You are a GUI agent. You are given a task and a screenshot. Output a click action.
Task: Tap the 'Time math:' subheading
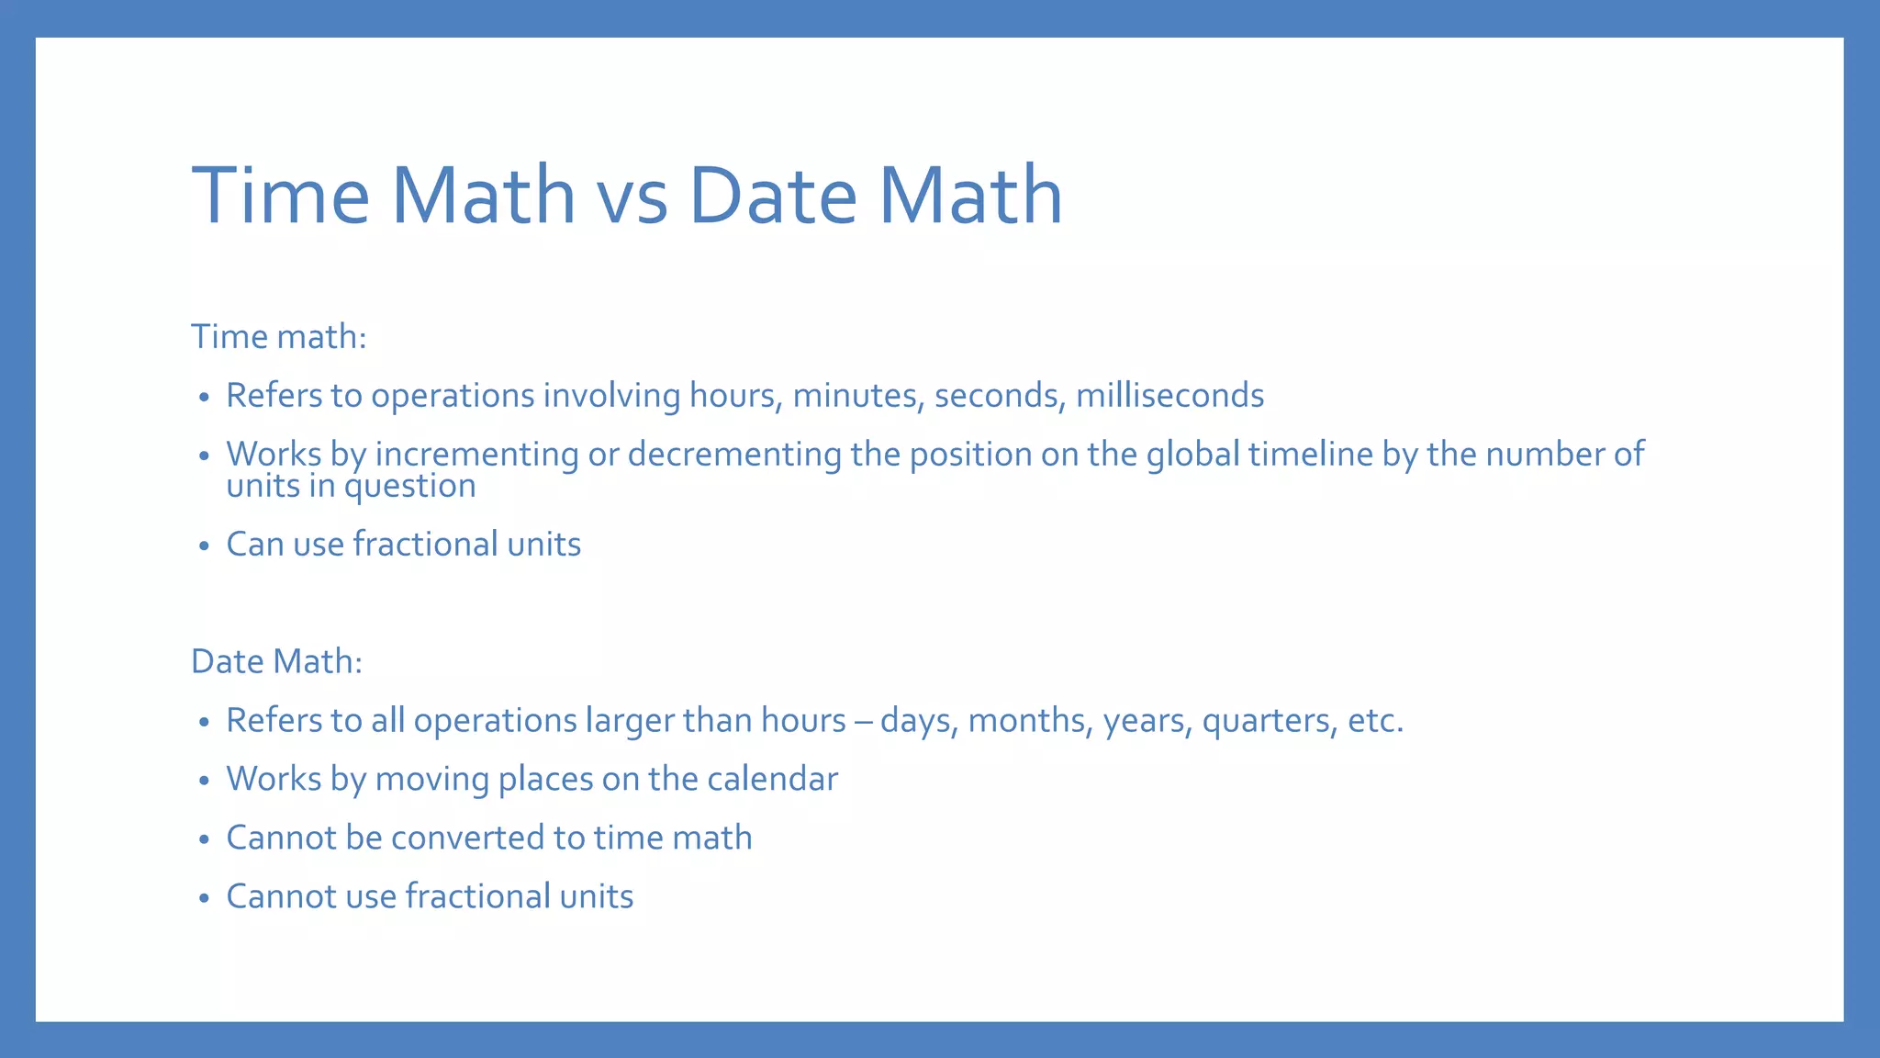pyautogui.click(x=279, y=337)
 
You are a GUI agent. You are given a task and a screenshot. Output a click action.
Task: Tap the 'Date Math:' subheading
pyautogui.click(x=276, y=661)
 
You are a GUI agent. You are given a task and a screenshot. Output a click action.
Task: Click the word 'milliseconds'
pyautogui.click(x=1169, y=396)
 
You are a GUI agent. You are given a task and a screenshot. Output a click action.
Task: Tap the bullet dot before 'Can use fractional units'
pyautogui.click(x=204, y=546)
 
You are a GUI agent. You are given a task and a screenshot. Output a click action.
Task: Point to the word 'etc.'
pyautogui.click(x=1375, y=721)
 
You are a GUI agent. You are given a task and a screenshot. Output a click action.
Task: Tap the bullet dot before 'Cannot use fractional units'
pyautogui.click(x=204, y=898)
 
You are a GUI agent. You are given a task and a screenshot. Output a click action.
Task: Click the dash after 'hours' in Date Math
pyautogui.click(x=863, y=722)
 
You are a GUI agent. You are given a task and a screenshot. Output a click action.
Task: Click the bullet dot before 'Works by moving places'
pyautogui.click(x=204, y=782)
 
